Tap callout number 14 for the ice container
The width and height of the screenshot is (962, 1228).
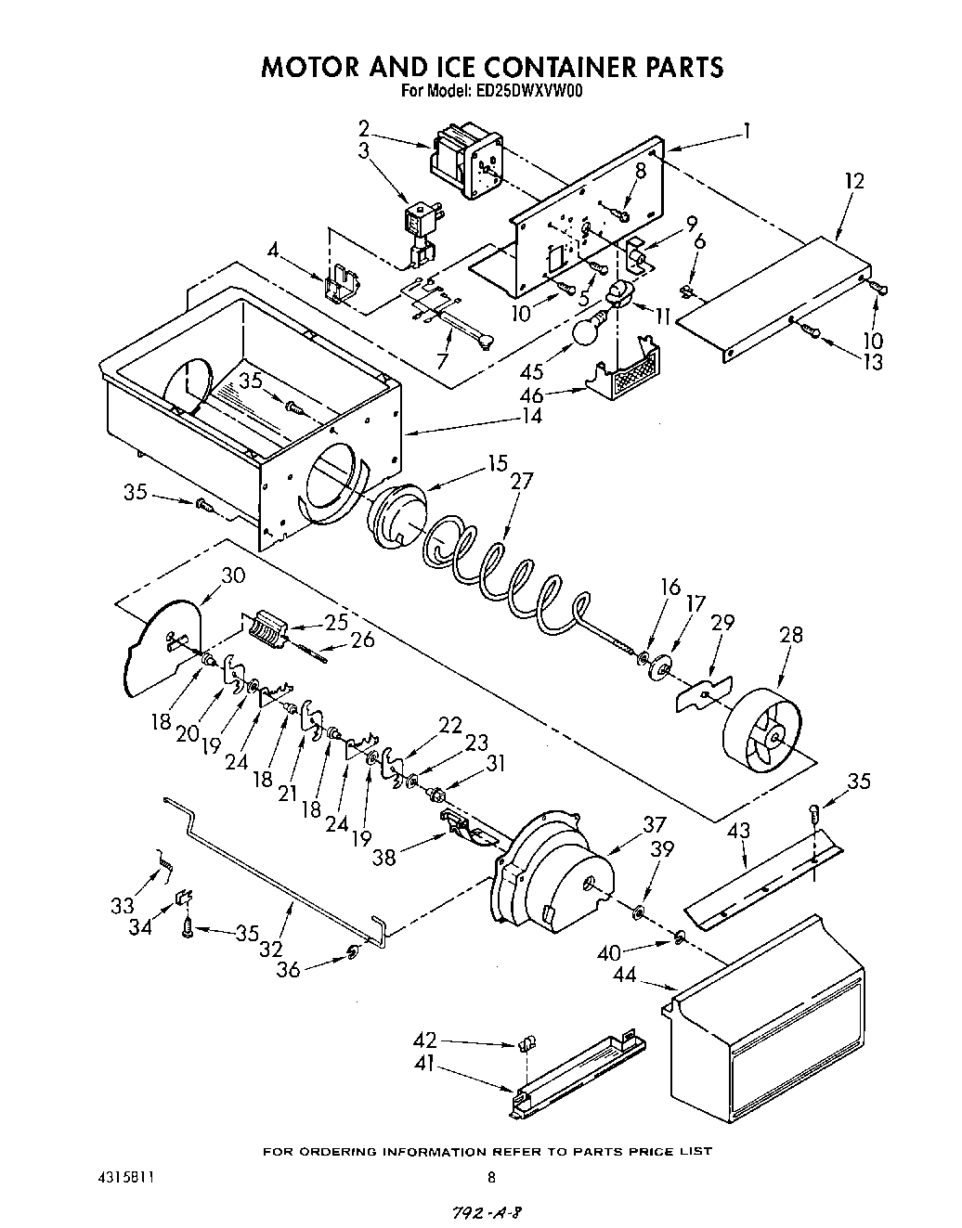[x=532, y=417]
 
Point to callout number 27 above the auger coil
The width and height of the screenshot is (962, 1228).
[x=523, y=481]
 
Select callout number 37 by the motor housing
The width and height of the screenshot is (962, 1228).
[x=655, y=824]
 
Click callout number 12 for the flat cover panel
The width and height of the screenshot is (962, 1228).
[x=853, y=181]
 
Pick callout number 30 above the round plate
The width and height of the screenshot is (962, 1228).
[x=232, y=575]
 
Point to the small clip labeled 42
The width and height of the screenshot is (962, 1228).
[x=526, y=1044]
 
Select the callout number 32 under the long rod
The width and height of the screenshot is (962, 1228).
[x=270, y=949]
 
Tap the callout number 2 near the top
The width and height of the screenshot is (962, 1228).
[x=364, y=128]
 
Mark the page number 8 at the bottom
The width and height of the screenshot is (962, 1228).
[x=491, y=1178]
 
